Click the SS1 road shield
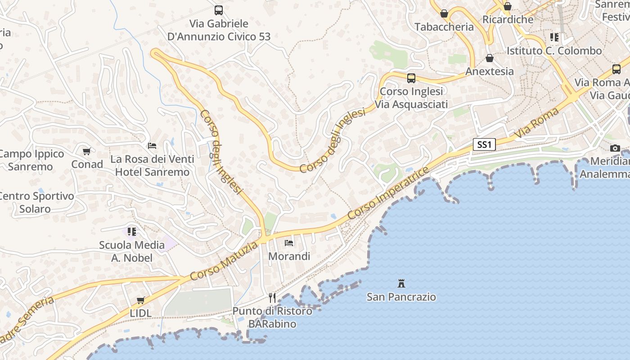click(484, 144)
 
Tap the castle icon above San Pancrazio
click(401, 283)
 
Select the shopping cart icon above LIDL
click(141, 300)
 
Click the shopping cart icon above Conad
click(87, 151)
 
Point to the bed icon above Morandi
click(289, 243)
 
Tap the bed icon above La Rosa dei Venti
click(152, 146)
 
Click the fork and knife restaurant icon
click(272, 297)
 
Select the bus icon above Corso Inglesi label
click(411, 78)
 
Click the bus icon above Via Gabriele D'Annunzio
click(219, 10)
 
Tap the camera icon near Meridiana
click(615, 148)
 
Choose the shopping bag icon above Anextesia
click(490, 58)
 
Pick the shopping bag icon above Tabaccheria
click(444, 14)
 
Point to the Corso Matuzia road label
click(224, 261)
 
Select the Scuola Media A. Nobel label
click(132, 252)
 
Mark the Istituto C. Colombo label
click(554, 51)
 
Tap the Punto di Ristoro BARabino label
click(272, 317)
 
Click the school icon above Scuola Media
click(132, 232)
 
